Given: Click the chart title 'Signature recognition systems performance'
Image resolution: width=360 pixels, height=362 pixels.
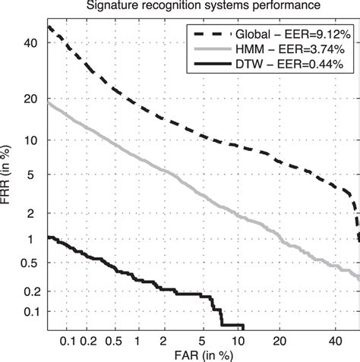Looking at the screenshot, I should [203, 7].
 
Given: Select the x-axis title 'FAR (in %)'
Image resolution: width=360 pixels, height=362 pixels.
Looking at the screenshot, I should [203, 354].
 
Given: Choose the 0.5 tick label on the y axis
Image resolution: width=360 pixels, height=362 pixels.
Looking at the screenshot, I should [30, 263].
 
